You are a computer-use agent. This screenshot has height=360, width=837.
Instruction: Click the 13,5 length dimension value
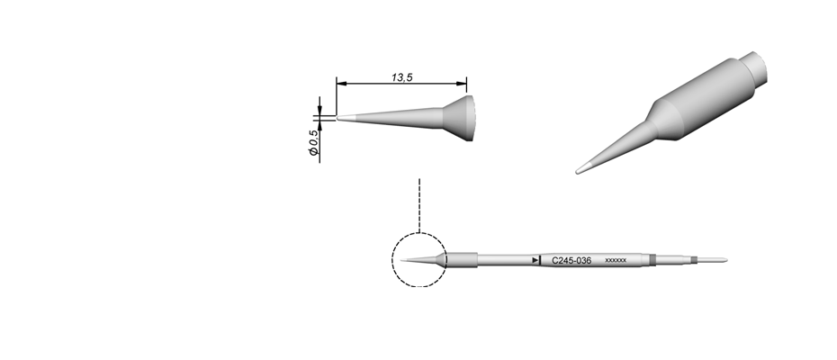402,77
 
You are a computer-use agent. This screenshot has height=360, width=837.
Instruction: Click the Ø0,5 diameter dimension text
314,142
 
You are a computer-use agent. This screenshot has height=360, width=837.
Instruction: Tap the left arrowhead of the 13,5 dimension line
342,84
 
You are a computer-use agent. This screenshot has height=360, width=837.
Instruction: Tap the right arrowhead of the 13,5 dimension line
461,84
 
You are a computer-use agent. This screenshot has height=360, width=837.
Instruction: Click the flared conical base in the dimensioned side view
458,119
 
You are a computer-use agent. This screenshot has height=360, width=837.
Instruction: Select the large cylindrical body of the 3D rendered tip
705,99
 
